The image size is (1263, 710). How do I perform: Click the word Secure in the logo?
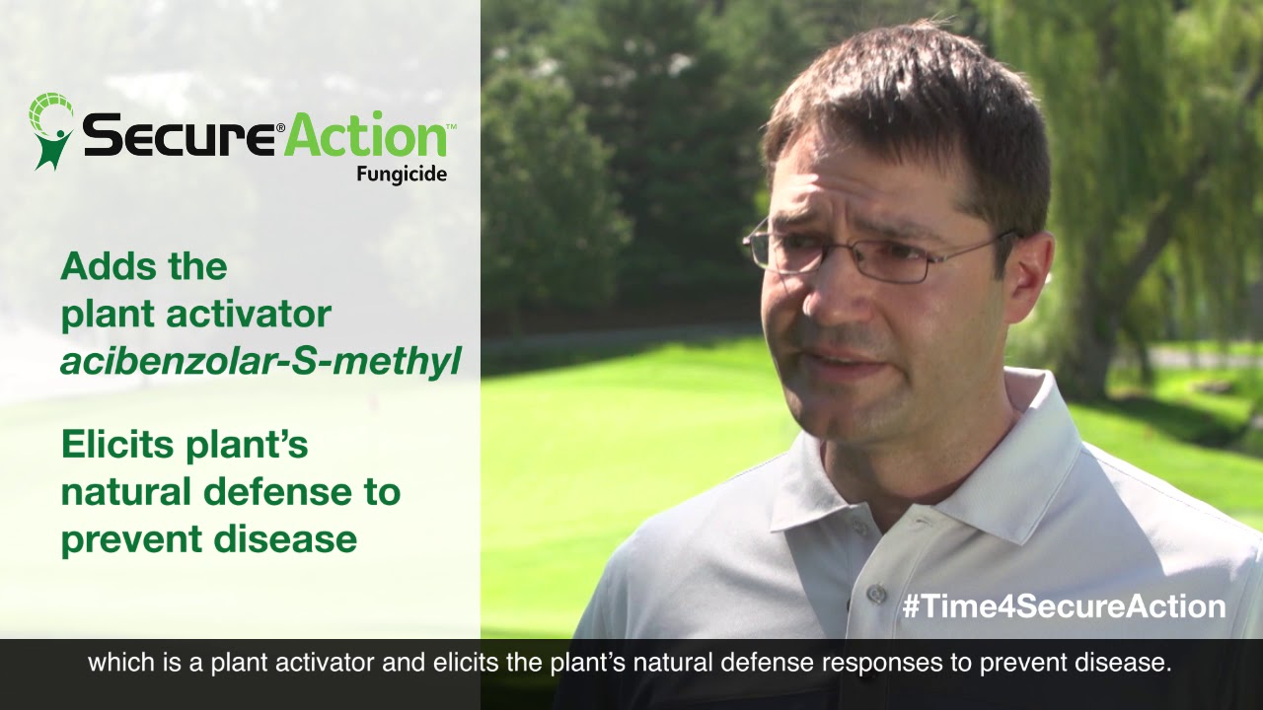point(178,135)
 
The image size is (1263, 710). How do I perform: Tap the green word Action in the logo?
point(365,135)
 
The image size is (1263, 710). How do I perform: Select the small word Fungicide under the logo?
point(402,175)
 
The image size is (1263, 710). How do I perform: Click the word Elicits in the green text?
point(118,445)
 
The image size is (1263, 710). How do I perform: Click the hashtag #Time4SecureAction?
point(1064,605)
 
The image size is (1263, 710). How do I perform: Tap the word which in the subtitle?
point(113,663)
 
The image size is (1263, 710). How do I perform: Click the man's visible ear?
point(1026,286)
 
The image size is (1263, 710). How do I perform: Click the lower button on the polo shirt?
point(875,594)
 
